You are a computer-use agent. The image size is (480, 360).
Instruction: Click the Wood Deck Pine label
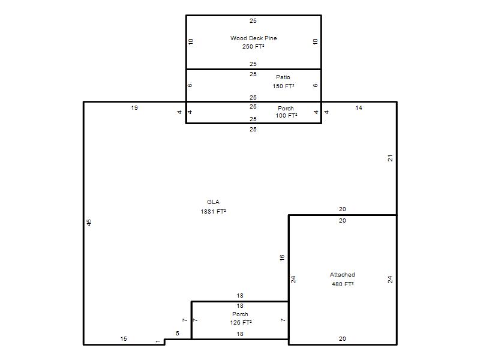(253, 38)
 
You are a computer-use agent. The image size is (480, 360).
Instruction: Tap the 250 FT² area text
(253, 47)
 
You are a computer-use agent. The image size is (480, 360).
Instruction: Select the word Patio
(283, 77)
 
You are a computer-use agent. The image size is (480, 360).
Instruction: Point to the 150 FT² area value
(283, 86)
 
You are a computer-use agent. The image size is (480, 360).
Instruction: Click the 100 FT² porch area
(286, 115)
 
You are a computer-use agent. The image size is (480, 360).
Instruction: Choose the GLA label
(213, 202)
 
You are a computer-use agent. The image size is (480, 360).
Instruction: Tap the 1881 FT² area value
(213, 212)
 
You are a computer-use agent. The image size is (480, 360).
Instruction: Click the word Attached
(342, 275)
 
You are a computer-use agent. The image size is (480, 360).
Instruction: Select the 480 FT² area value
(343, 284)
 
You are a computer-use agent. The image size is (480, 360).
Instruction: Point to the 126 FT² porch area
(241, 322)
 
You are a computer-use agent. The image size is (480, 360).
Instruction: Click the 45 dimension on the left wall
(89, 223)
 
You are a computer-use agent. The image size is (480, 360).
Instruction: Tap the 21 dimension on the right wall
(390, 158)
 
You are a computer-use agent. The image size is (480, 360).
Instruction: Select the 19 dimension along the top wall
(134, 108)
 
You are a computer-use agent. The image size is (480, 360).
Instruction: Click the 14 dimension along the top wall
(359, 108)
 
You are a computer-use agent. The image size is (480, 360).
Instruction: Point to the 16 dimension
(282, 258)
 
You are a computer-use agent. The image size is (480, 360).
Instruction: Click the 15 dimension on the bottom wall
(124, 339)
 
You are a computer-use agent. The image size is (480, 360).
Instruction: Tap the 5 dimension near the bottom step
(178, 334)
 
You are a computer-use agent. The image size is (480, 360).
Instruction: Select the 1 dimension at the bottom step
(158, 341)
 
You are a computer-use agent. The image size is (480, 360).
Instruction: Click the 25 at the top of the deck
(253, 21)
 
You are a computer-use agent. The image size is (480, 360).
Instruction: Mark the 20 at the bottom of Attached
(342, 339)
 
